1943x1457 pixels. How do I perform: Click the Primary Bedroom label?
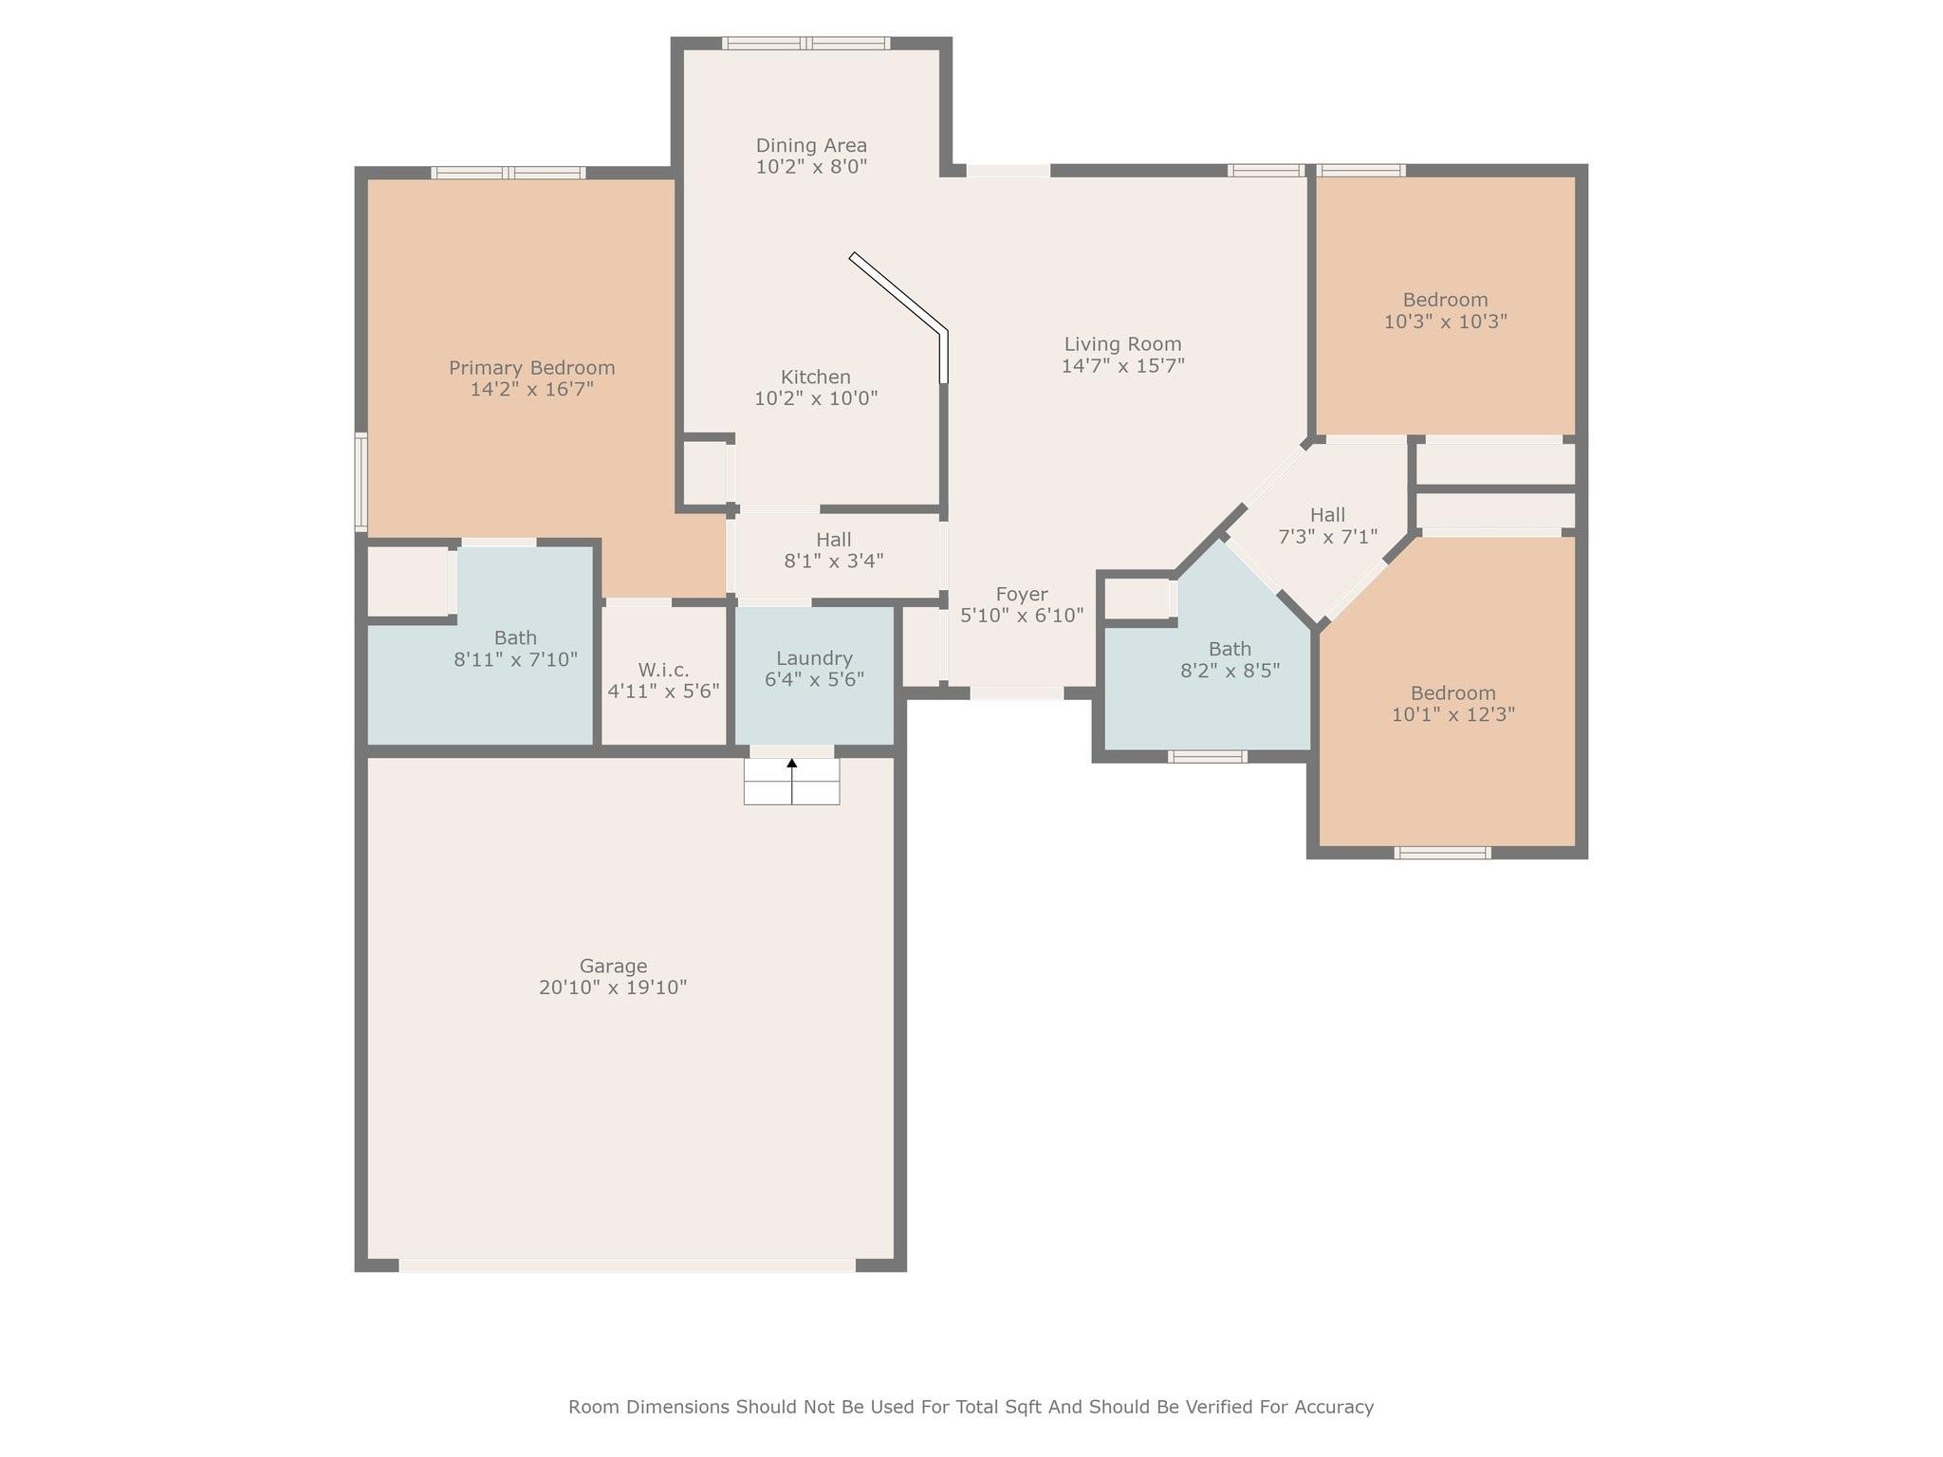[x=532, y=368]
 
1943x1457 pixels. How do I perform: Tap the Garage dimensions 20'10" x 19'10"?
[x=613, y=987]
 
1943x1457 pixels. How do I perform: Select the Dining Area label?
[x=811, y=145]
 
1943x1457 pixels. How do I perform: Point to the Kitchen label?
[x=816, y=377]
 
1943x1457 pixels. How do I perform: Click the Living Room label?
[x=1122, y=344]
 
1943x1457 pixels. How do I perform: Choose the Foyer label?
[x=1022, y=595]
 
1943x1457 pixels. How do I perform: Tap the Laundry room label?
[x=814, y=658]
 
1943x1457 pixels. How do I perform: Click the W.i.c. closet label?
[x=663, y=670]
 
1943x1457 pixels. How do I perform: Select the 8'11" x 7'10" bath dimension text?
[x=515, y=659]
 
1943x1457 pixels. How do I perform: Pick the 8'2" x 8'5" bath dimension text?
[x=1230, y=671]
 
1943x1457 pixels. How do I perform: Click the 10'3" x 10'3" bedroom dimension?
[x=1445, y=322]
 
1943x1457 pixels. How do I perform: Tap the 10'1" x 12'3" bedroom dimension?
[x=1453, y=714]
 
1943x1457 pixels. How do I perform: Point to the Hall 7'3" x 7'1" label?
[x=1327, y=526]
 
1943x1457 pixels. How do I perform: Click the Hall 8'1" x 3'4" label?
[x=834, y=550]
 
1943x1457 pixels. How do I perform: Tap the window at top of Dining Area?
[x=805, y=43]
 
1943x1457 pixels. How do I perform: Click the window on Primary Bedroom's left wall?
[x=361, y=481]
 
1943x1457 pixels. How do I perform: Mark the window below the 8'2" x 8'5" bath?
[x=1207, y=756]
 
